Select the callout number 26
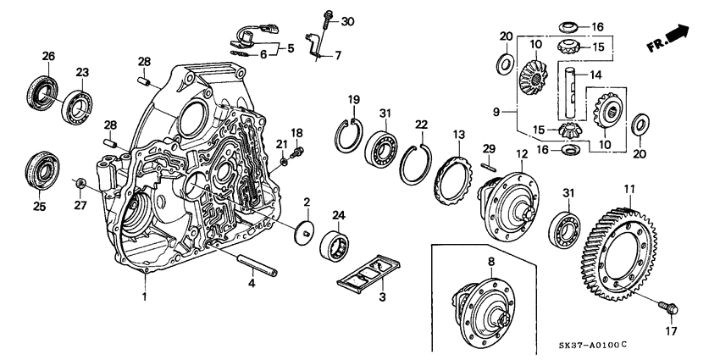pyautogui.click(x=47, y=57)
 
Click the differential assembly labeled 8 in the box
pyautogui.click(x=482, y=305)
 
